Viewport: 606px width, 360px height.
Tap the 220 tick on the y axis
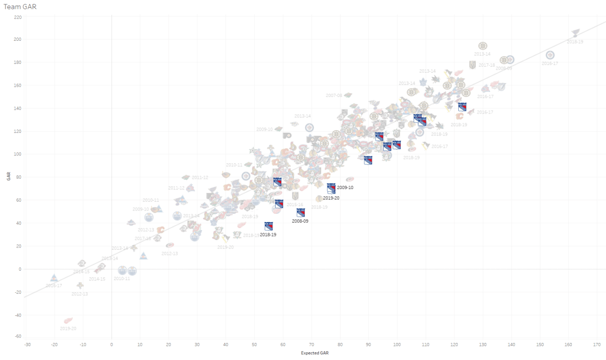point(18,17)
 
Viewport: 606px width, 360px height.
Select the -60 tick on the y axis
point(18,336)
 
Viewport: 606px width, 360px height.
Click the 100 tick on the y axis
point(18,154)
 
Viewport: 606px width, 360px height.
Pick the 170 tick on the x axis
point(597,344)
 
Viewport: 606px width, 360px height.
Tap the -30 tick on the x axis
point(26,344)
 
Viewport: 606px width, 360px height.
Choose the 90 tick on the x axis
point(368,344)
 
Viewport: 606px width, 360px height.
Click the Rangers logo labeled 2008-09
point(301,212)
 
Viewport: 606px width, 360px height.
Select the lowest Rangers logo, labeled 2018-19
point(269,226)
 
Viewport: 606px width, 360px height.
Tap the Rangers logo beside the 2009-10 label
point(331,187)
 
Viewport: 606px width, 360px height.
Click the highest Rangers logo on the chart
point(462,107)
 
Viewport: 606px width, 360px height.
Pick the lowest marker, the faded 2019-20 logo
point(68,320)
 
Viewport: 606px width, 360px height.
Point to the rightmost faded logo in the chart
point(576,33)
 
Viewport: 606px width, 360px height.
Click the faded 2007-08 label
point(334,95)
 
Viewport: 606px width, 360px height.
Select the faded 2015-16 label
point(294,205)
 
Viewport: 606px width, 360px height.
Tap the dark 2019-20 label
point(331,198)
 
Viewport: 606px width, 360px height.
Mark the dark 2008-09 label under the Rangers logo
point(300,221)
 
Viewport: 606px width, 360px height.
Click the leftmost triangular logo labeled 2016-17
point(54,278)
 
